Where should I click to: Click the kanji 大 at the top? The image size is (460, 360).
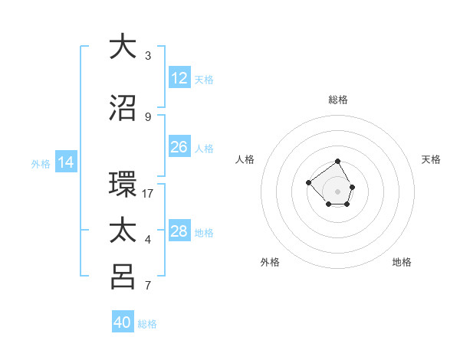[x=123, y=46]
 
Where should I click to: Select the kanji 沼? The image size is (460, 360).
[x=123, y=108]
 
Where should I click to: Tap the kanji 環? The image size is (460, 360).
[x=123, y=185]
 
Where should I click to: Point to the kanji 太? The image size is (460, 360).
[x=123, y=231]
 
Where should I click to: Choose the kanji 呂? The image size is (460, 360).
[x=123, y=277]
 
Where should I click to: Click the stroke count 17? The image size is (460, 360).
[x=148, y=194]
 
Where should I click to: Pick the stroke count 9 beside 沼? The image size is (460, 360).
[x=148, y=117]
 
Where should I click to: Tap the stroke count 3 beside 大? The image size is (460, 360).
[x=148, y=55]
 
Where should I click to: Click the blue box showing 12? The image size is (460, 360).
[x=179, y=78]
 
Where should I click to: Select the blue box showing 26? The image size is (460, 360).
[x=179, y=147]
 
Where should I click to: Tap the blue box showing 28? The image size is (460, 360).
[x=179, y=231]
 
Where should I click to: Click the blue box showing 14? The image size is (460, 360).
[x=66, y=162]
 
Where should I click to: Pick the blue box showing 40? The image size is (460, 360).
[x=123, y=322]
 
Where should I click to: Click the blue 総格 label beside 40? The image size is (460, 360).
[x=147, y=324]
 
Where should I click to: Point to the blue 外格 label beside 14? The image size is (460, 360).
[x=41, y=164]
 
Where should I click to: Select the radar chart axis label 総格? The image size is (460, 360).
[x=338, y=100]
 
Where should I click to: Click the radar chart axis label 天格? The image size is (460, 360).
[x=431, y=159]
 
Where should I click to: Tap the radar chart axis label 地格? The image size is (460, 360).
[x=402, y=263]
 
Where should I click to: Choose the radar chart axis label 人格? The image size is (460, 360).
[x=245, y=159]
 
